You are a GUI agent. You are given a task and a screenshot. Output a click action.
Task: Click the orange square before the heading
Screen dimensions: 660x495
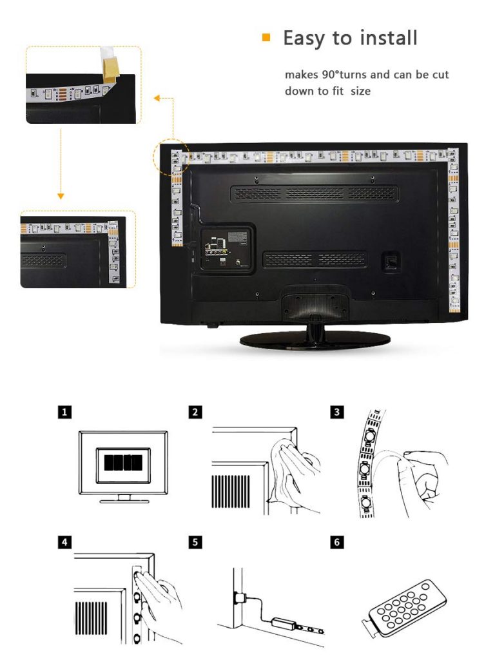(266, 37)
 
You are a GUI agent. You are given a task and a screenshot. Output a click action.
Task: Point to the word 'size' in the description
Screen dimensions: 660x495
(360, 91)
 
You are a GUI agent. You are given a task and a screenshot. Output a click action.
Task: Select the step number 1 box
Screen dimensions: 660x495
(64, 411)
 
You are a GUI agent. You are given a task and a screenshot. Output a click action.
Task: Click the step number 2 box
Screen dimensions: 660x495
(195, 411)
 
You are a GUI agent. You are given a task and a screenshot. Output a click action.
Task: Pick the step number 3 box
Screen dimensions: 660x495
(336, 411)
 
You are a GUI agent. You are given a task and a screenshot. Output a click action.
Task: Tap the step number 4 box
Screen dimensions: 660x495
(64, 541)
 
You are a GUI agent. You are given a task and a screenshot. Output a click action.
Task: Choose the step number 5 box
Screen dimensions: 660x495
(195, 541)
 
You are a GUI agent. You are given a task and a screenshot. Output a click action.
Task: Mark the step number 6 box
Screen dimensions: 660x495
(336, 541)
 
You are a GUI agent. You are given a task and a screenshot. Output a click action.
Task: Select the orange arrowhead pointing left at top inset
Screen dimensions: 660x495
(157, 98)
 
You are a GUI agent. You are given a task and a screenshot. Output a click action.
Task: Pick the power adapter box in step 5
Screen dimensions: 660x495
(284, 623)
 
